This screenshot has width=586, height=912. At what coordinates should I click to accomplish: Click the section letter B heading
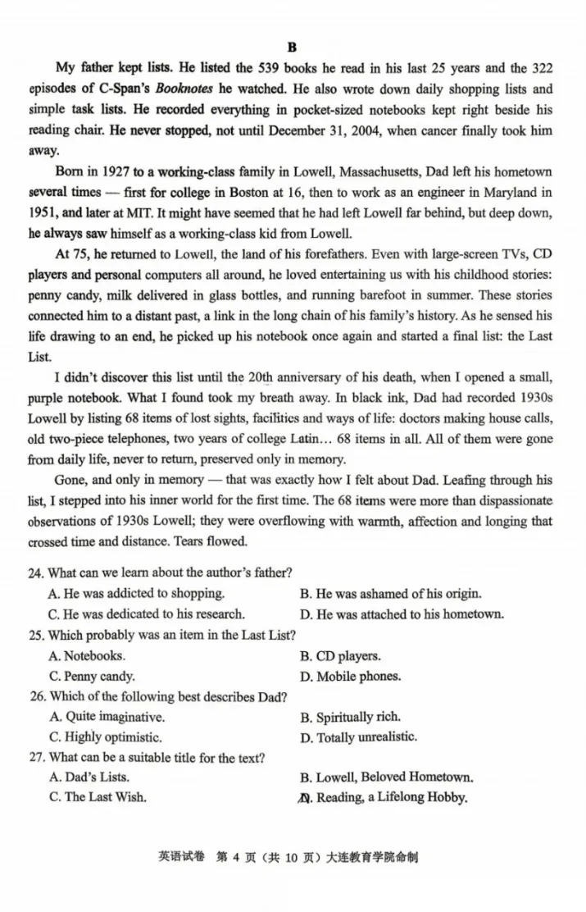pos(292,48)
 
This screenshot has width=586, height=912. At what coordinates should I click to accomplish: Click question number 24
pos(36,572)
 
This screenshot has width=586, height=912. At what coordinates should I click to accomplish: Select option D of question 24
pos(402,613)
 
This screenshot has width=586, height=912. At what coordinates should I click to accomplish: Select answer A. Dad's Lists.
pos(89,777)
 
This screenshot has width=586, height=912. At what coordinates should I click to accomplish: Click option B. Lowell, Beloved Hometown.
pos(385,777)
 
